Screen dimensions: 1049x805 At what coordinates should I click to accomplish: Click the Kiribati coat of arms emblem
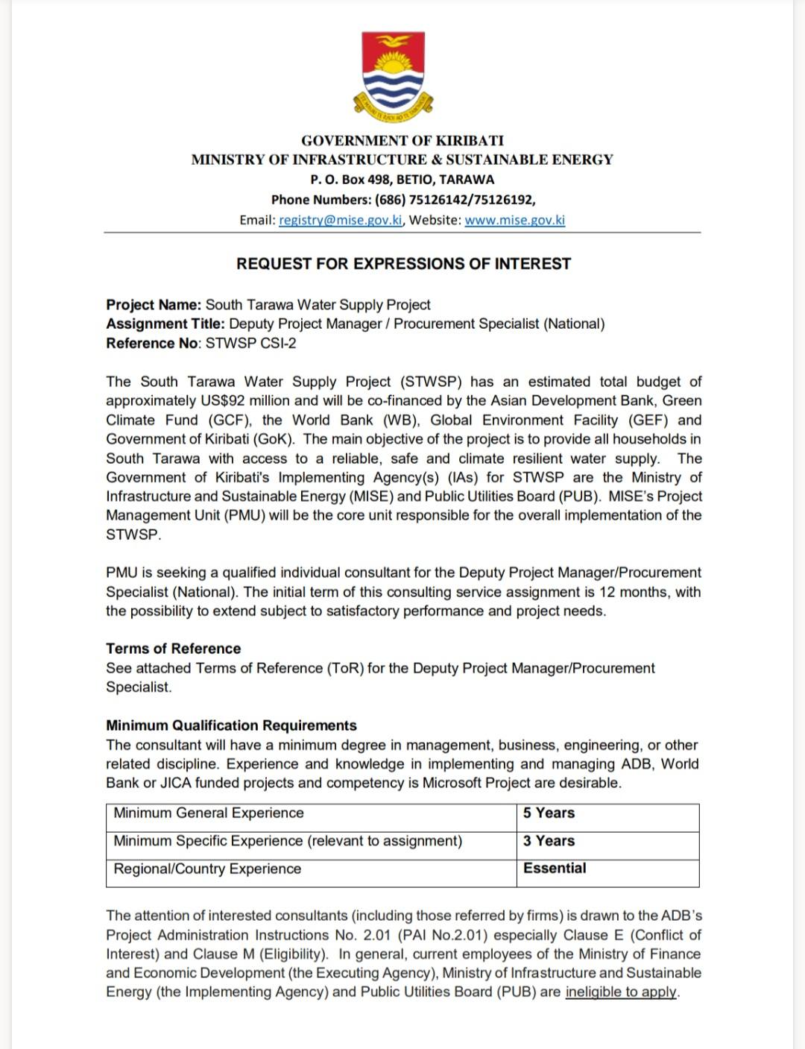[x=393, y=75]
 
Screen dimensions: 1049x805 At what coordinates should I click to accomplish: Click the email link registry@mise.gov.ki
[x=341, y=220]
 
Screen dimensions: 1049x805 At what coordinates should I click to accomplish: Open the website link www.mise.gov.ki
[x=514, y=220]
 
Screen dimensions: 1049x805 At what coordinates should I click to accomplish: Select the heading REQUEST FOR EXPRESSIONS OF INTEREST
[x=403, y=264]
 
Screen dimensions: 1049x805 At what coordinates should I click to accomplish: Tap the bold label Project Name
[x=154, y=305]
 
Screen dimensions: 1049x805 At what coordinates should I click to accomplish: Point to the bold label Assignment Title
[x=165, y=324]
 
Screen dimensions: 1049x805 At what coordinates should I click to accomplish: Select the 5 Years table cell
[x=549, y=813]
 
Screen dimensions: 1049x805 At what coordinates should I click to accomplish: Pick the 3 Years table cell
[x=549, y=841]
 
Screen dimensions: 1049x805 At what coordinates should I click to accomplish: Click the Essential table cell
[x=555, y=869]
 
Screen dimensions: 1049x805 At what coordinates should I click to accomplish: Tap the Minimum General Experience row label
[x=209, y=813]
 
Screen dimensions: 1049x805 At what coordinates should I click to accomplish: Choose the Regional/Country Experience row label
[x=207, y=869]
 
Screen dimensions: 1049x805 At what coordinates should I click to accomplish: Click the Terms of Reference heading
[x=174, y=649]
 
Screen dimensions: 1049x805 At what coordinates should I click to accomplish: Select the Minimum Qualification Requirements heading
[x=231, y=725]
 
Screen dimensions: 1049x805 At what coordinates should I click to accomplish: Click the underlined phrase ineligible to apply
[x=622, y=992]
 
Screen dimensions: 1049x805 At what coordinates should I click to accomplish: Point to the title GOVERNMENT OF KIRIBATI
[x=402, y=140]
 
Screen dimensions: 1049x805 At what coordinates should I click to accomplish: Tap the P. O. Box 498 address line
[x=402, y=180]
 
